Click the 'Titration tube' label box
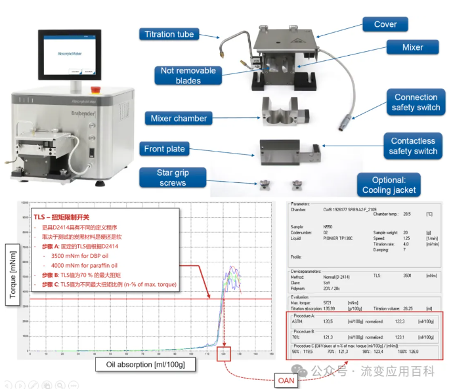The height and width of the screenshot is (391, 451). (168, 34)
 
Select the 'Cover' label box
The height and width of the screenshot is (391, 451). (385, 24)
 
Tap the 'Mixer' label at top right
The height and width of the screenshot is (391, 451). (412, 47)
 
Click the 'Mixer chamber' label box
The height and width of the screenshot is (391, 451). (179, 119)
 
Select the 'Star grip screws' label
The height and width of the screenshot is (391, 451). (173, 178)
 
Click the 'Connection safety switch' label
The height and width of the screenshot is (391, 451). (416, 102)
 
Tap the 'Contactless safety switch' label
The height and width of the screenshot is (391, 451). (413, 146)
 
